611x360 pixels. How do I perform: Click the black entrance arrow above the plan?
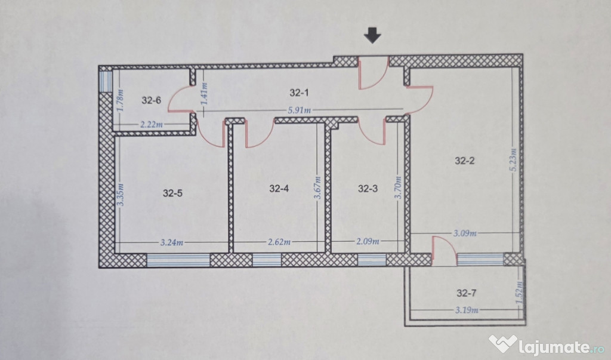tap(373, 36)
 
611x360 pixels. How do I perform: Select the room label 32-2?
tap(464, 160)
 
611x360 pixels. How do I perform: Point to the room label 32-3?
tap(368, 189)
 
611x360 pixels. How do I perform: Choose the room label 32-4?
tap(279, 189)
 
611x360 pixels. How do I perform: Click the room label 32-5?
tap(172, 193)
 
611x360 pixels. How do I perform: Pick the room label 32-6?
tap(152, 100)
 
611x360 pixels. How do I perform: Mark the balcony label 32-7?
tap(466, 293)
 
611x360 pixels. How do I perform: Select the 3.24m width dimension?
tap(171, 242)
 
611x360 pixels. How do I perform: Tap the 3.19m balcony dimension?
tap(465, 310)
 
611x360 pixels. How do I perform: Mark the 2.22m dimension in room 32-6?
tap(152, 125)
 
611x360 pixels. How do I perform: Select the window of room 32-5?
tap(178, 260)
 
